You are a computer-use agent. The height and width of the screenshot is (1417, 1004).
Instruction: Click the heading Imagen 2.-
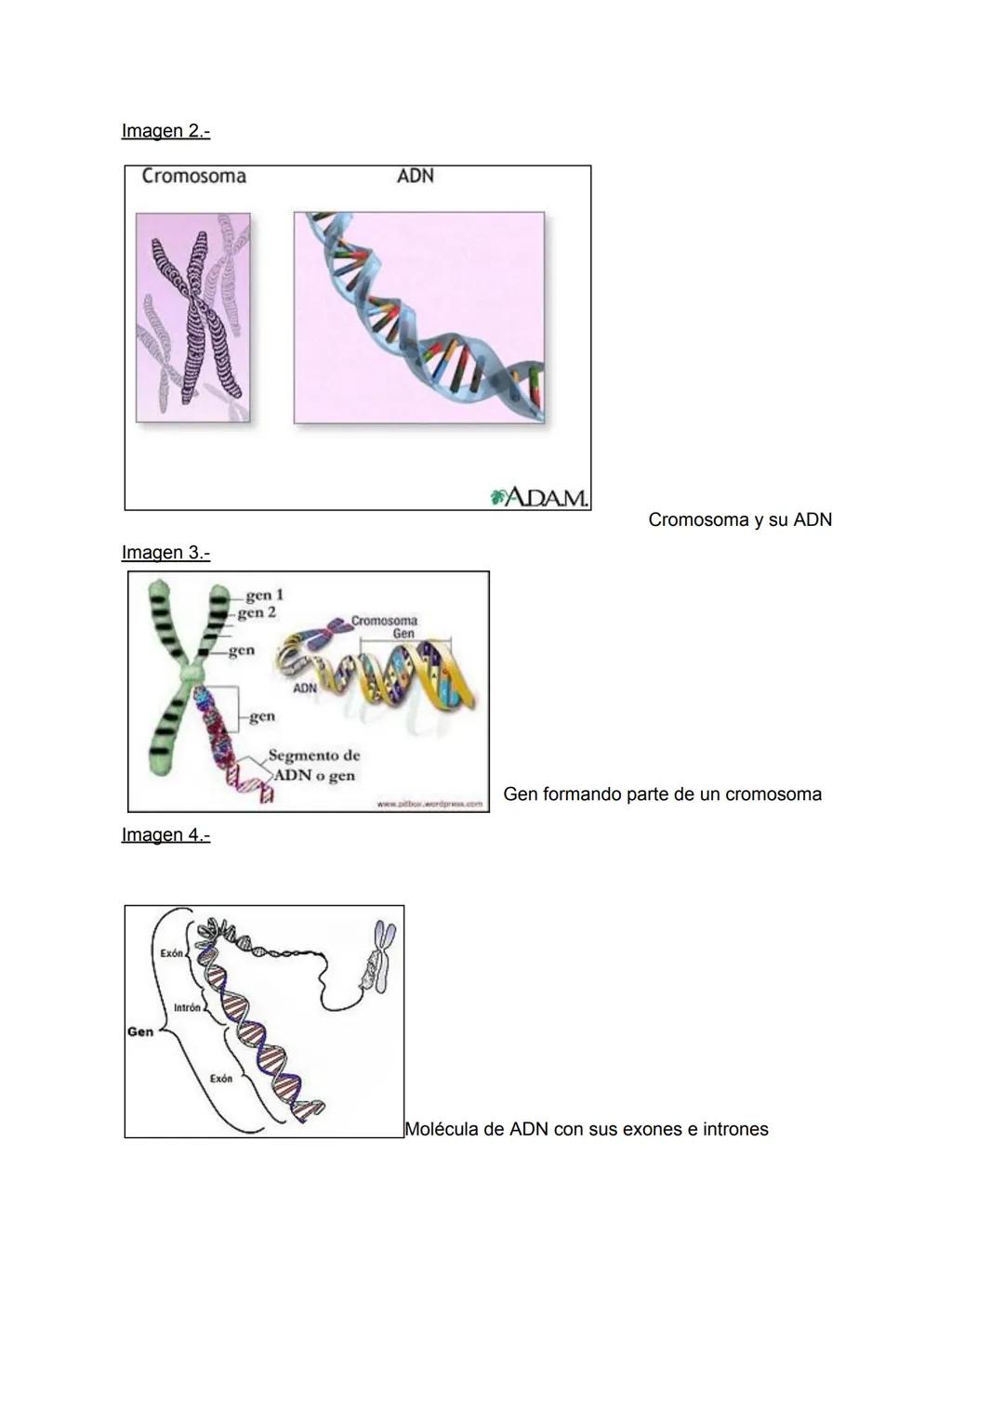165,131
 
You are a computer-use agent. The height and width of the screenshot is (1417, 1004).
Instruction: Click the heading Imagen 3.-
165,553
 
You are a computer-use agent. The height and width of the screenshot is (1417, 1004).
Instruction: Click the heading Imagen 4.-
165,835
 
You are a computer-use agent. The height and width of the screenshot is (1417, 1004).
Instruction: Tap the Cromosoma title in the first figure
193,177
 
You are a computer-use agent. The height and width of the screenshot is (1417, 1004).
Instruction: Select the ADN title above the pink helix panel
415,177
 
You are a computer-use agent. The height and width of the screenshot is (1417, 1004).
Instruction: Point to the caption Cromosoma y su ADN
739,520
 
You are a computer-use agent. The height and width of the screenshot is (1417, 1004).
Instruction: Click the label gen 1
264,596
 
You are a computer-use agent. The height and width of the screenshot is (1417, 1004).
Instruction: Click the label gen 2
258,613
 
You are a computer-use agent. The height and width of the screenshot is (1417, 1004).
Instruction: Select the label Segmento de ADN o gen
313,766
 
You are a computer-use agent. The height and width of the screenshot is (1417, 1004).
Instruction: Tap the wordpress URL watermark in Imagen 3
429,804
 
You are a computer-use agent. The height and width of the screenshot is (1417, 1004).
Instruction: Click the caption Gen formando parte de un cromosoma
662,794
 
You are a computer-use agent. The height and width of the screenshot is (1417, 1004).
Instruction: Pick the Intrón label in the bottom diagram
187,1008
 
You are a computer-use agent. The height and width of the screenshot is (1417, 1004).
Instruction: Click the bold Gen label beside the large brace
140,1031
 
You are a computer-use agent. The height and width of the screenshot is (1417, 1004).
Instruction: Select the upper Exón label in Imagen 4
171,953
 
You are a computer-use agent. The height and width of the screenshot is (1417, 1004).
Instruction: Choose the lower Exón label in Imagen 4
220,1079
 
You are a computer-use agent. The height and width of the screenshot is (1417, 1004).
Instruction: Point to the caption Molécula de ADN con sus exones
586,1130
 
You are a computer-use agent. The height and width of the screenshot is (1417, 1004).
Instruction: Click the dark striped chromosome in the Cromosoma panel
198,316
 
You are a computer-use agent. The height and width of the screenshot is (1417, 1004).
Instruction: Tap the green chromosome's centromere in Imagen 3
193,671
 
